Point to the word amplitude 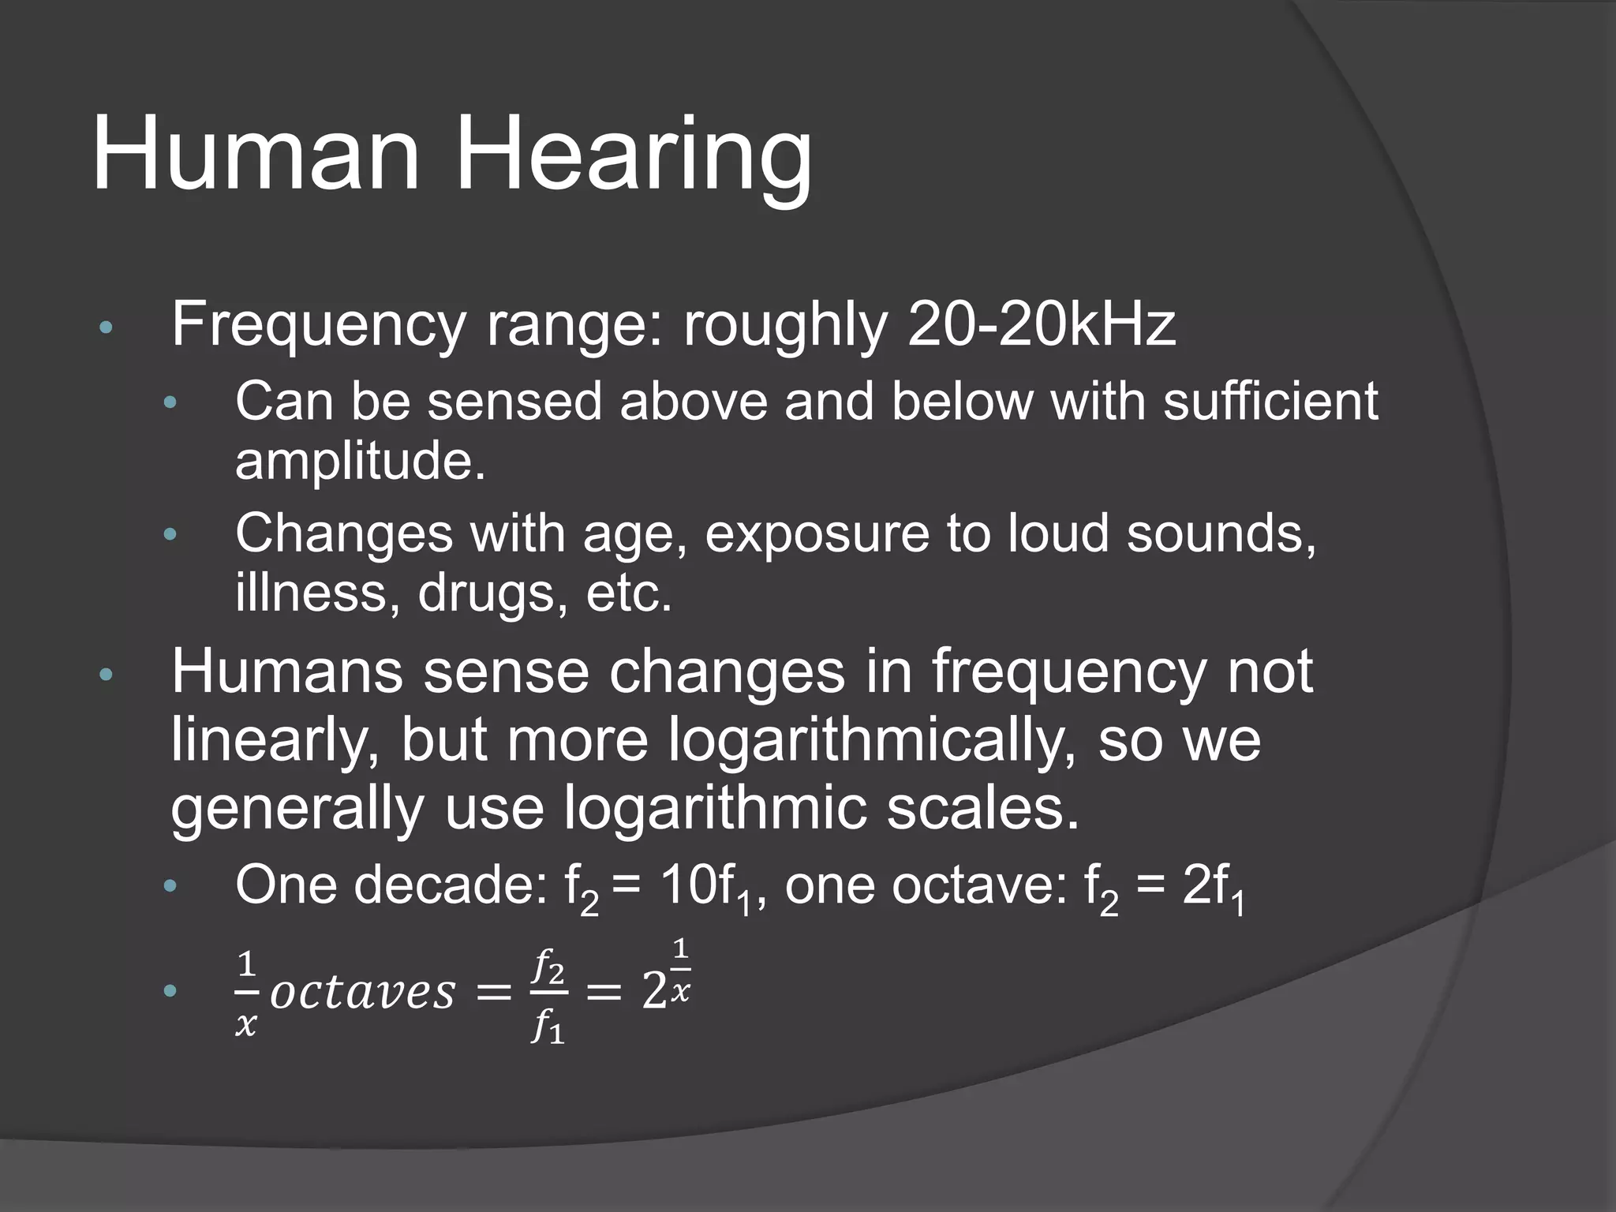pos(360,462)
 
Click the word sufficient pos(1270,401)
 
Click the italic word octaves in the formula pos(363,992)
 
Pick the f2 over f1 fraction pos(548,996)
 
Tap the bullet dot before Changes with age pos(170,536)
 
